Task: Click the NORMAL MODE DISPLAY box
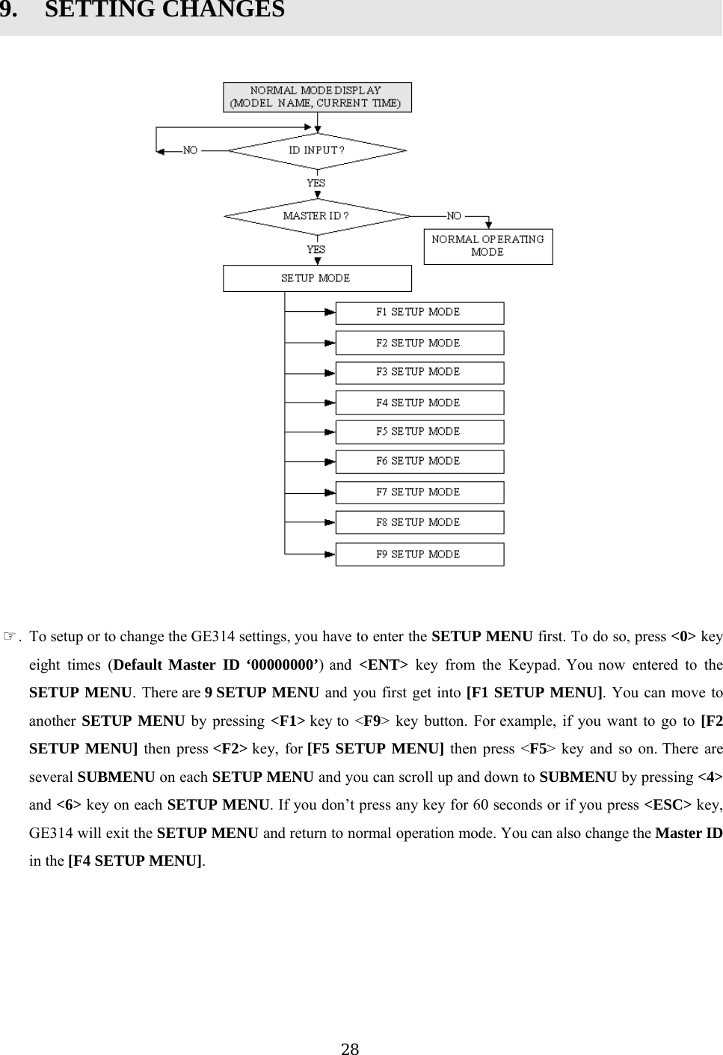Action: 317,97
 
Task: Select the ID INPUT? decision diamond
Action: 317,150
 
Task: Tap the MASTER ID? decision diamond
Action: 317,216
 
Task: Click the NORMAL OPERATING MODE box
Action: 488,246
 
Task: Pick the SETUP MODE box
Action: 317,278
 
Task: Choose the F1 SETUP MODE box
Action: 419,313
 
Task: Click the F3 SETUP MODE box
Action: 419,373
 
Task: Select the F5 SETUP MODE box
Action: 419,432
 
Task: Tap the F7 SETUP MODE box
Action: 419,492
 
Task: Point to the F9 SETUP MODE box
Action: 419,554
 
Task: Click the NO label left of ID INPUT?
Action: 191,150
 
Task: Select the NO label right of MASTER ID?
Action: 454,216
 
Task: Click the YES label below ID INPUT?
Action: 316,183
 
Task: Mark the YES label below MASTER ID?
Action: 316,249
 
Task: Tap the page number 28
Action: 350,1049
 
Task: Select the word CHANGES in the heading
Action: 227,10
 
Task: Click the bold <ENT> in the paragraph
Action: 384,665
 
